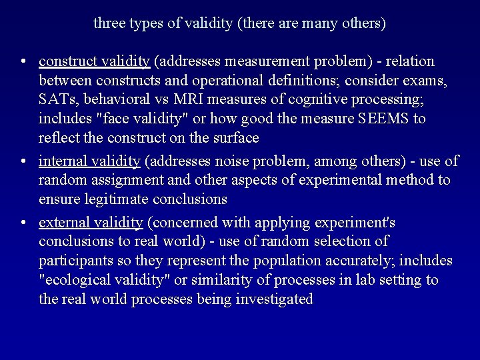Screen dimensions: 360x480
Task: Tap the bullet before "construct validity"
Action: (23, 62)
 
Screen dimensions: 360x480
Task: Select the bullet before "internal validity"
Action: (23, 161)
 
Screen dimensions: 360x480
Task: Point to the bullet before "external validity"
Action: (23, 223)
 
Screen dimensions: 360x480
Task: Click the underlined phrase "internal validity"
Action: (89, 161)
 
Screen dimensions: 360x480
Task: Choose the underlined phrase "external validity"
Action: (91, 223)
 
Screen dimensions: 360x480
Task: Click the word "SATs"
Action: (55, 100)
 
